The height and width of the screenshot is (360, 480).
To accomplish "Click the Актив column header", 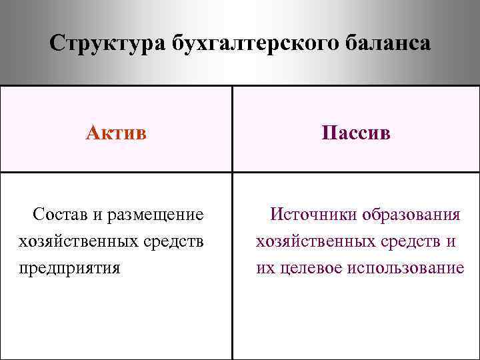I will pos(116,133).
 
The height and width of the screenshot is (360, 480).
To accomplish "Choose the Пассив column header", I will pos(355,133).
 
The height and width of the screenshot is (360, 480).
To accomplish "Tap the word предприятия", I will pos(70,269).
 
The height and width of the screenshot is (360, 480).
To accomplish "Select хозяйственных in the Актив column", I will pos(79,241).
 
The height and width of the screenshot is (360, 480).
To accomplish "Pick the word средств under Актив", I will pos(175,241).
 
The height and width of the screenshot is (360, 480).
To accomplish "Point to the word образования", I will pos(411,215).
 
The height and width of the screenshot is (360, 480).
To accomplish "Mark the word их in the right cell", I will pos(263,269).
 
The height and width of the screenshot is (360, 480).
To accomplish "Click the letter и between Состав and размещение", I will pos(97,215).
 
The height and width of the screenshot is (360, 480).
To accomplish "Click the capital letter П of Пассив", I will pos(327,133).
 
